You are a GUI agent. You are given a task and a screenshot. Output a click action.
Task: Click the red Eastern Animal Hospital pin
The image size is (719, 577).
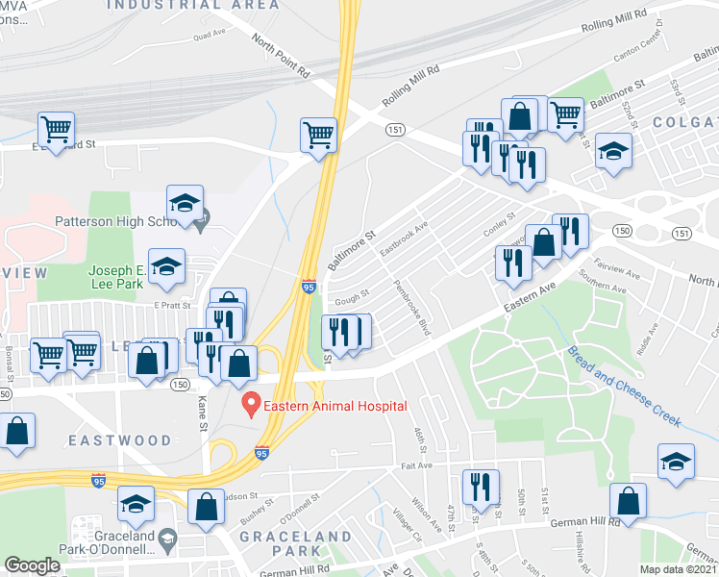pyautogui.click(x=252, y=402)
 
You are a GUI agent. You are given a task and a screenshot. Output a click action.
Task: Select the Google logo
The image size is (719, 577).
pyautogui.click(x=32, y=565)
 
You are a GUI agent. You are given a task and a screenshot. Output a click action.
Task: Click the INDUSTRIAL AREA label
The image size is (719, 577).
pyautogui.click(x=193, y=5)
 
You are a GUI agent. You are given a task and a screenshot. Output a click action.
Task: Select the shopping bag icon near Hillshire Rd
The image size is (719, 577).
pyautogui.click(x=628, y=501)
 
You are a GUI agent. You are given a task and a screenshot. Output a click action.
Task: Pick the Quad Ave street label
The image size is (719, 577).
pyautogui.click(x=209, y=36)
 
